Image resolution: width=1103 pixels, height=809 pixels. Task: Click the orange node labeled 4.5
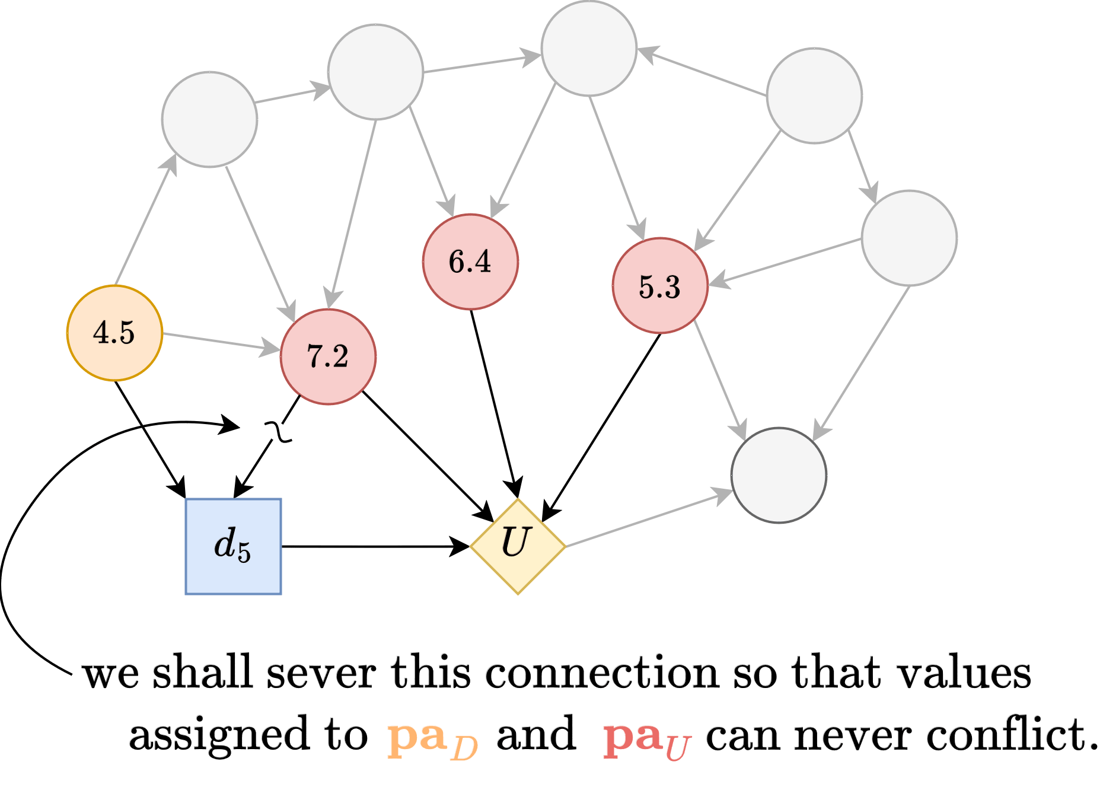(x=114, y=333)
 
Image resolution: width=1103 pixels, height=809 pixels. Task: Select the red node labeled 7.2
(x=328, y=356)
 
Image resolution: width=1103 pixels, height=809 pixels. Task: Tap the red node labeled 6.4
(x=470, y=262)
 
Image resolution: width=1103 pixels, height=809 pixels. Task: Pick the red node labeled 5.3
(x=660, y=286)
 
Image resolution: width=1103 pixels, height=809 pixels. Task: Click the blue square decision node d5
(x=233, y=546)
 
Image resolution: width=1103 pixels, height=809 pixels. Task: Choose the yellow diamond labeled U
(x=517, y=544)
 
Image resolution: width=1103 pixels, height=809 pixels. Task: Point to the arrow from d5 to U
(x=374, y=546)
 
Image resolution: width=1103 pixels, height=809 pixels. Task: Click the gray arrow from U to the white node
(x=646, y=518)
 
